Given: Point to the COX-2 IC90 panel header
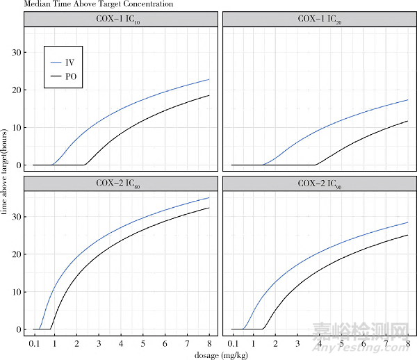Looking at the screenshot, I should coord(319,183).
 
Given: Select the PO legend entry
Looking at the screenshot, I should coord(69,76).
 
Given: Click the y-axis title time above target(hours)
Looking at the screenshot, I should coord(6,170).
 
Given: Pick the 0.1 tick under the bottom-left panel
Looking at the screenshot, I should coord(33,343).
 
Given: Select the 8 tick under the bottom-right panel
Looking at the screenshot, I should coord(407,343).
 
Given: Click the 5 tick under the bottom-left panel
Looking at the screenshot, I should coord(142,343).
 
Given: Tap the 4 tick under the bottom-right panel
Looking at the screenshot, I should coord(319,343).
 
